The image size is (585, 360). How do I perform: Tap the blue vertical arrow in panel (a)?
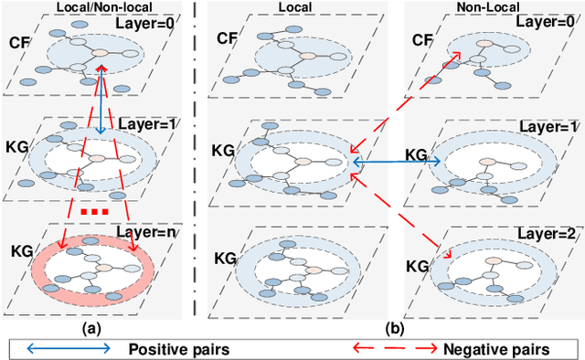[x=99, y=101]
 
